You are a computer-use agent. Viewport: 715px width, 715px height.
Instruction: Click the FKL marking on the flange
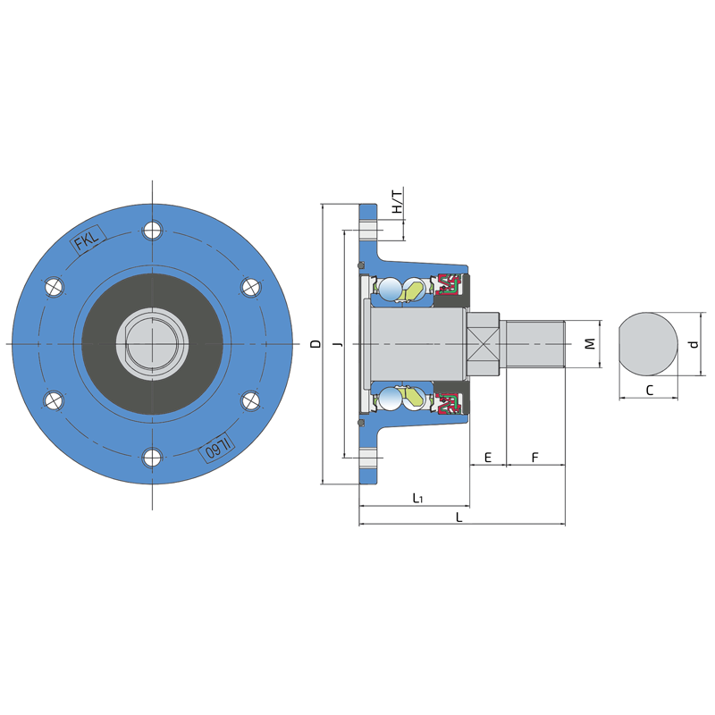click(x=88, y=240)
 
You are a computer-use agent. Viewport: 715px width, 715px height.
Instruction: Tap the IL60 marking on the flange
click(x=216, y=449)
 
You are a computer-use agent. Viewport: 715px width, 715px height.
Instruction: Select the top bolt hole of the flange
click(x=152, y=231)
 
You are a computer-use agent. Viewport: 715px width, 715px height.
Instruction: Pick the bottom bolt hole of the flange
click(x=152, y=458)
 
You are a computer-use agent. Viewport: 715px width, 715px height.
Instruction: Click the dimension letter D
click(x=315, y=344)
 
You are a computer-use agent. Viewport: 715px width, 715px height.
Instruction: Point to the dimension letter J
click(x=339, y=344)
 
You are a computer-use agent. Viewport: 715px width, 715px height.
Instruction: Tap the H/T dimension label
click(x=398, y=202)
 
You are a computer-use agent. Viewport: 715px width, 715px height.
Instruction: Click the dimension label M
click(x=590, y=344)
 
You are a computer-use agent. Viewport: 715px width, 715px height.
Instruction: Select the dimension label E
click(x=488, y=458)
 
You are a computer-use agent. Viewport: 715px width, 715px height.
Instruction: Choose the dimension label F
click(x=535, y=458)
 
